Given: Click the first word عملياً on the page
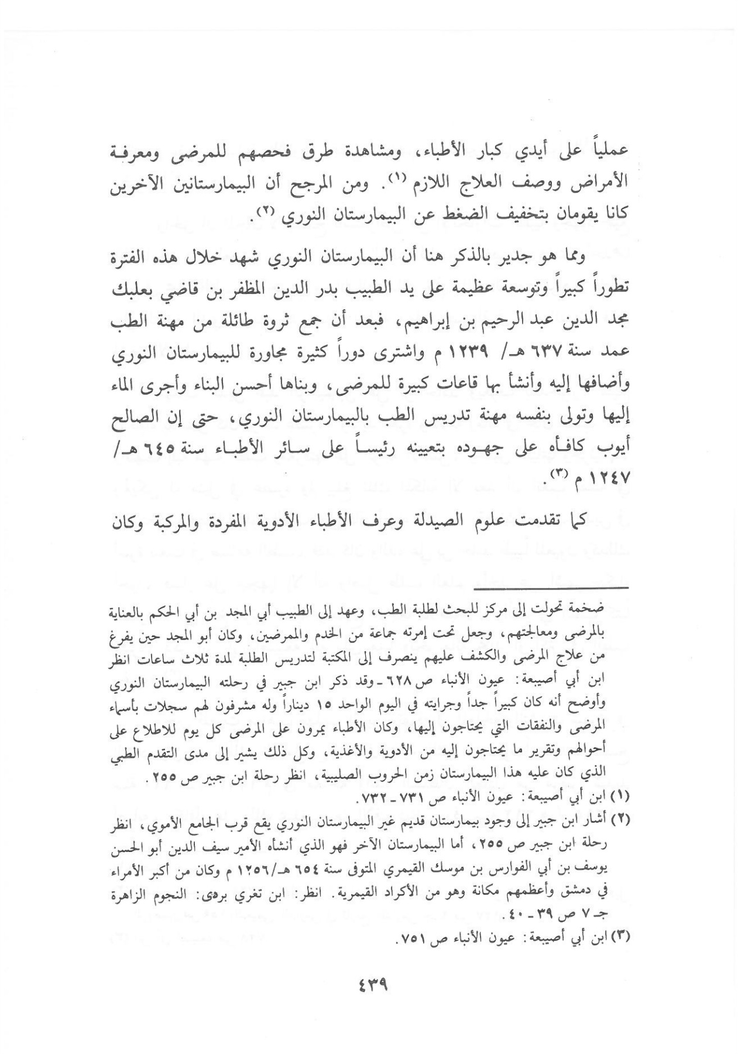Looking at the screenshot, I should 609,150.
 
